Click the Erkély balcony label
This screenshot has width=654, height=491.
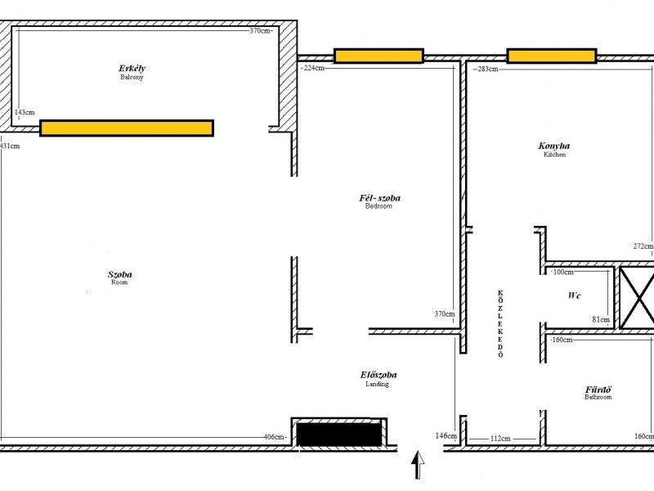(132, 72)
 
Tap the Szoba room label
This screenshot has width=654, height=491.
(119, 277)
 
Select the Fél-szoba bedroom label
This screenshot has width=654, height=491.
(379, 201)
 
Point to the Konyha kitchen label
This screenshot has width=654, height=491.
(554, 150)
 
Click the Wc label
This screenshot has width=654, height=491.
(574, 295)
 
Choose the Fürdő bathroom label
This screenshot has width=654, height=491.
(598, 393)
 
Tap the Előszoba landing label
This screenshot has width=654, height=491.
(379, 379)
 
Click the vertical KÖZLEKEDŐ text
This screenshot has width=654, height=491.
(500, 324)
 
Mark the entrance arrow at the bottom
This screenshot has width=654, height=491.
(418, 465)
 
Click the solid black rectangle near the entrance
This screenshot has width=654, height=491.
(339, 435)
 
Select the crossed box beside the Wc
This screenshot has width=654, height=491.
(637, 297)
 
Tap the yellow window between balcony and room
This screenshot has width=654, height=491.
(127, 128)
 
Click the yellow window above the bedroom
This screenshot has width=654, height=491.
(379, 56)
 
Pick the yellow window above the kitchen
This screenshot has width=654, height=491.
(551, 56)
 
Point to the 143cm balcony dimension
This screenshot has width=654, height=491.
(25, 112)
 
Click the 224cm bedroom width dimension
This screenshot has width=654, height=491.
(314, 68)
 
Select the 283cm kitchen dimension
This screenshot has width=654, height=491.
(487, 69)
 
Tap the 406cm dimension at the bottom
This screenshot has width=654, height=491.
(274, 437)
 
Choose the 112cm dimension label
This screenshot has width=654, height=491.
(500, 439)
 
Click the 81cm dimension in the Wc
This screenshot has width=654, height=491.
(601, 320)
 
